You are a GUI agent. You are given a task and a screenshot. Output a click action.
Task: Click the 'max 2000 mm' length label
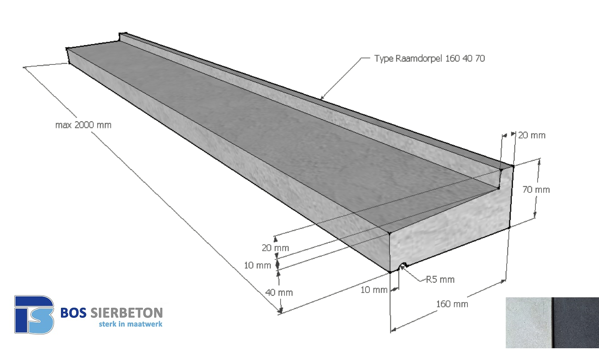[83, 125]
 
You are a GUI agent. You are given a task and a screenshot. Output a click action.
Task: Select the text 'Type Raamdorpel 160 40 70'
[429, 58]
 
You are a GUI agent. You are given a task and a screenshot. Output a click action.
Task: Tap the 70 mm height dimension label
[536, 190]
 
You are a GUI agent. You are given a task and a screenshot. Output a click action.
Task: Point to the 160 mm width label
[452, 304]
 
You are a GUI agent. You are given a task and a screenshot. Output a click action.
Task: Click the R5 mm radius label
[440, 279]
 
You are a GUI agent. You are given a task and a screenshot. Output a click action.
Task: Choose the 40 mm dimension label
[279, 293]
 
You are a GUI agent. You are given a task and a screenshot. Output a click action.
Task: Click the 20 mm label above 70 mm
[531, 135]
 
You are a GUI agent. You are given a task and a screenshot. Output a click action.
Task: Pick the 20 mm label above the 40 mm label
[275, 248]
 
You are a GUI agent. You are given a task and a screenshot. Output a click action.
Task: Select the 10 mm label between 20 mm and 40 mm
[257, 265]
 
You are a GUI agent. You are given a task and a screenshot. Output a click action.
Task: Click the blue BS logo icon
[34, 314]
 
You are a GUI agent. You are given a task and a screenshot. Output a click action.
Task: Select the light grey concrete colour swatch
[528, 323]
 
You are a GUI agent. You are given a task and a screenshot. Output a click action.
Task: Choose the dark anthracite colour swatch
[575, 323]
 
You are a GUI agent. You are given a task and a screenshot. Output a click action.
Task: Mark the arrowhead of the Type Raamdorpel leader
[322, 98]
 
